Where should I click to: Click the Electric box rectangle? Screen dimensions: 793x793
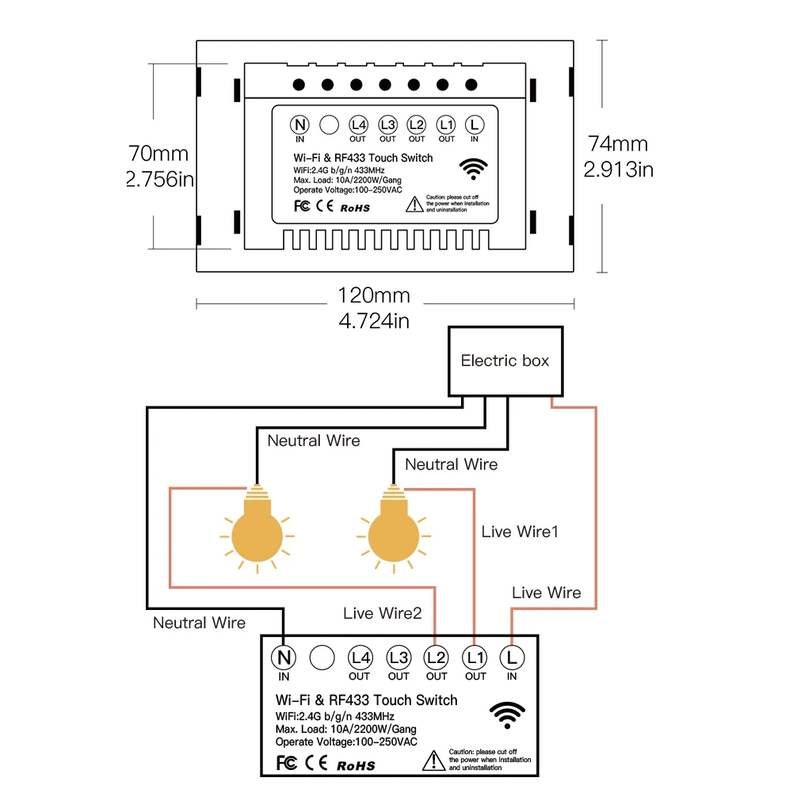point(505,360)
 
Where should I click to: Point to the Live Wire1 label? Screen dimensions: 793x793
point(520,532)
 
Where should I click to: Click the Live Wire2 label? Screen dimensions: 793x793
point(383,612)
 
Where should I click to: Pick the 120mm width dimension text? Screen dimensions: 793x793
point(374,295)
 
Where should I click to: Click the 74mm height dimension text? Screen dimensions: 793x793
point(618,143)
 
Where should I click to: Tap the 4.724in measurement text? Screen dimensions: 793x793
point(374,321)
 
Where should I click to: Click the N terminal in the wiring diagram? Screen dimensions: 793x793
point(284,657)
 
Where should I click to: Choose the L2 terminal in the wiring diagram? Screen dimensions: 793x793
point(437,657)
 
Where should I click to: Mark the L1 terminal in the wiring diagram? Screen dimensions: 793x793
point(475,657)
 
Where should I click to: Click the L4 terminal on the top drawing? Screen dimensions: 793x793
point(359,124)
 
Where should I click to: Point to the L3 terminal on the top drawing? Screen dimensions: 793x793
point(387,124)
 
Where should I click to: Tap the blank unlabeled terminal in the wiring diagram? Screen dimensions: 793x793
point(322,657)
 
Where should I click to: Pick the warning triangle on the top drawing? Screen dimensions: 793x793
point(414,205)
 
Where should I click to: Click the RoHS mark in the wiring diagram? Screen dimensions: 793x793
point(356,765)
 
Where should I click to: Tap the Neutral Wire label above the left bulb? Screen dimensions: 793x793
point(313,440)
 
